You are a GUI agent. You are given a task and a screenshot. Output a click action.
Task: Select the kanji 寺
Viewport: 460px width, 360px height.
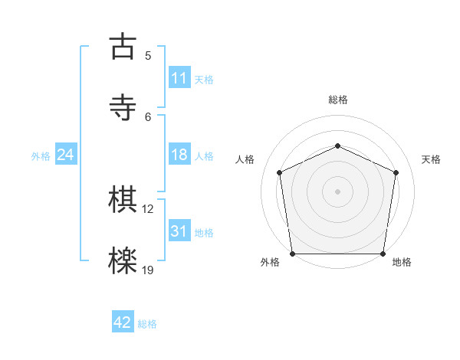click(x=123, y=106)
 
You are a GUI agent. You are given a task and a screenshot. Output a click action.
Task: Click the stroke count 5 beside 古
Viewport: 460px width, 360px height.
click(x=148, y=55)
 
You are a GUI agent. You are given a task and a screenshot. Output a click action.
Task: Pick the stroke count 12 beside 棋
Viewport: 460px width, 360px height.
click(x=149, y=208)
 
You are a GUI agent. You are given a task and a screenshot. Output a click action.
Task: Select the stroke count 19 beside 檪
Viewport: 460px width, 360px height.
click(x=149, y=270)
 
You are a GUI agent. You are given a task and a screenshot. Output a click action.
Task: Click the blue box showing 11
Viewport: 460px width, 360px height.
click(x=179, y=78)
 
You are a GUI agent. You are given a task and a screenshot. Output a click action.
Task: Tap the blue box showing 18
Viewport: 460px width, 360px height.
click(x=179, y=155)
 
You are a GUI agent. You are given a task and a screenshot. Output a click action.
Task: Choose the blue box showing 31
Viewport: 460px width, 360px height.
click(x=179, y=231)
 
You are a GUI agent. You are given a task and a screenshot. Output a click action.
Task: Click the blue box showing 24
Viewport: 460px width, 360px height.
click(x=66, y=155)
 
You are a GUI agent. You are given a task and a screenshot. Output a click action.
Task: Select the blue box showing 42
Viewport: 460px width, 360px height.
click(x=123, y=322)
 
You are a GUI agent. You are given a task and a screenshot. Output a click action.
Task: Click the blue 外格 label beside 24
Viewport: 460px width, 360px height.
click(x=41, y=155)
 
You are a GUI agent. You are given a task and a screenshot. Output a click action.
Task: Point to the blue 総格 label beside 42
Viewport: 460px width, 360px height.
click(x=147, y=324)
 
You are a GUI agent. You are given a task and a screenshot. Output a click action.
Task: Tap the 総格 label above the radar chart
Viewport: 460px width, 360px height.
click(x=338, y=100)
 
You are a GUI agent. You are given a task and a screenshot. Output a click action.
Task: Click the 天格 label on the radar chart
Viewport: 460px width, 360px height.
click(x=432, y=159)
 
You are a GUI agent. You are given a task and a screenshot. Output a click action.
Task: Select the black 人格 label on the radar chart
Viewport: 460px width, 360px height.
click(x=245, y=159)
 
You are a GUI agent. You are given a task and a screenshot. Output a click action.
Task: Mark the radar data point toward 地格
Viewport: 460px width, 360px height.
click(x=383, y=254)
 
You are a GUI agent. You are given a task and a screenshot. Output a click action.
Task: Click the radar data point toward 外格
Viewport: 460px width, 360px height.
click(x=292, y=254)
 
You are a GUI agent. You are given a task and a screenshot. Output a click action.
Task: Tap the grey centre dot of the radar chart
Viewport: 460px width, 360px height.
click(x=338, y=191)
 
